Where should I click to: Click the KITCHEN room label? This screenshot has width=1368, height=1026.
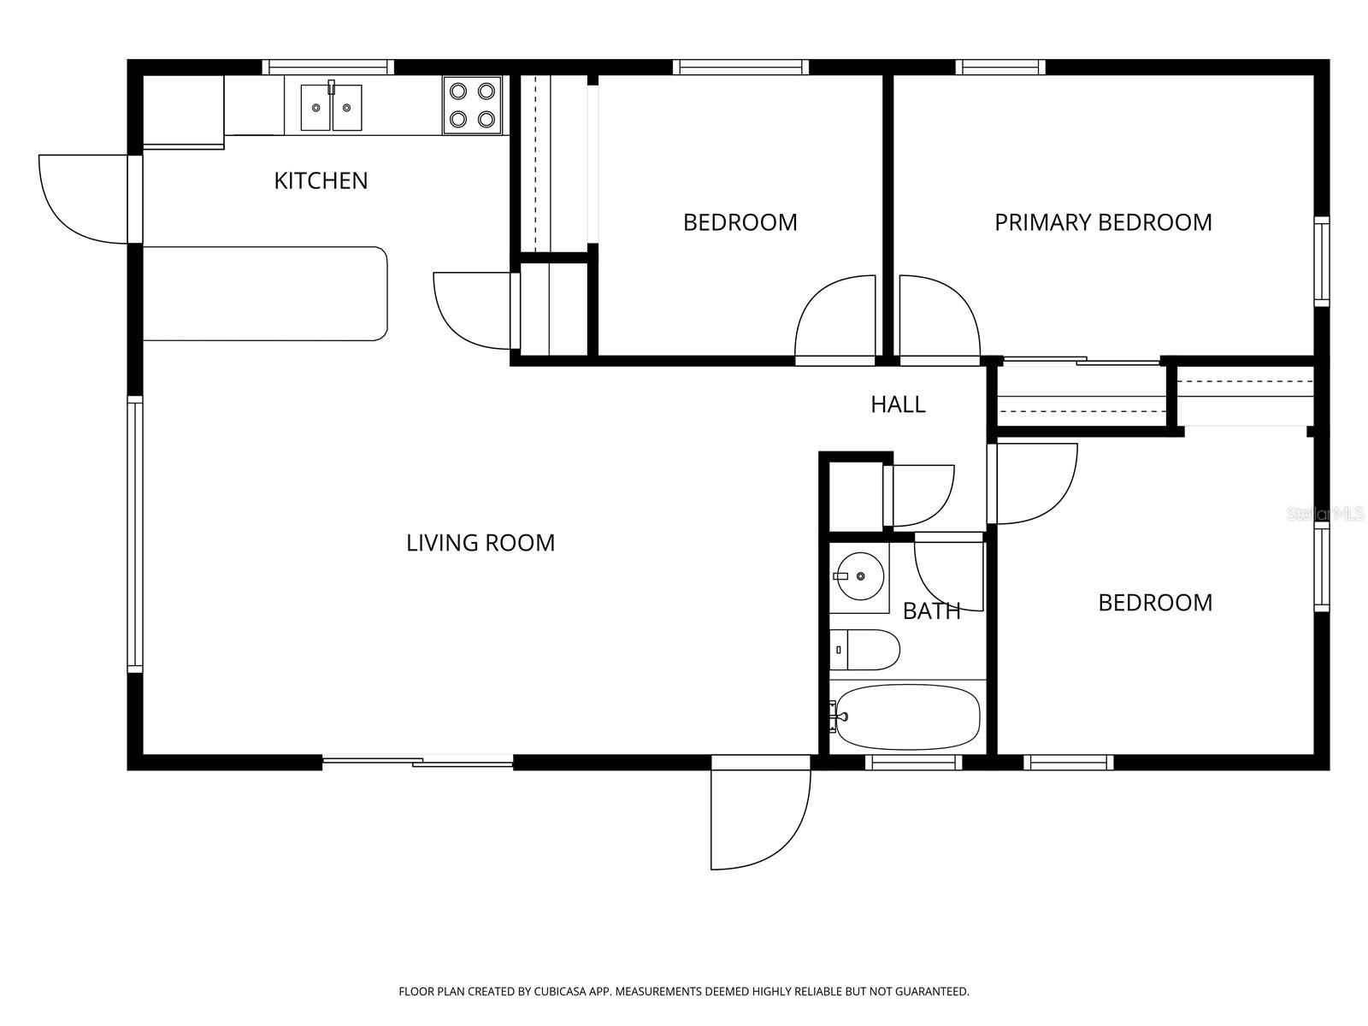[321, 180]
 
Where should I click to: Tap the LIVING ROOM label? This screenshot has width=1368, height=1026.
[480, 543]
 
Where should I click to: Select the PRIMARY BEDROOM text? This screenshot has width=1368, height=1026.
[1103, 222]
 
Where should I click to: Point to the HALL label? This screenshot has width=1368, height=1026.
[898, 404]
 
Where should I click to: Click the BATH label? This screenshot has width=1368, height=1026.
[932, 610]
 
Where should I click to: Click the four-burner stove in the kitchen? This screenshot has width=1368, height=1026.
[472, 105]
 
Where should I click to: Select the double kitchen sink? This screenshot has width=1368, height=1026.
[331, 107]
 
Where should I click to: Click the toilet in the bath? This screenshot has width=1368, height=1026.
[864, 650]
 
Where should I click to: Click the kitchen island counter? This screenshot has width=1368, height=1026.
[265, 293]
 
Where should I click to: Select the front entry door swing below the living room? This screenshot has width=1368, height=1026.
[757, 817]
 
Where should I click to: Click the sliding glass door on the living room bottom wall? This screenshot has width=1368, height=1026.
[417, 760]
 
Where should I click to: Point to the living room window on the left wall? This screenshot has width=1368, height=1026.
[134, 534]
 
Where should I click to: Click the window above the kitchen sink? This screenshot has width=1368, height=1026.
[327, 67]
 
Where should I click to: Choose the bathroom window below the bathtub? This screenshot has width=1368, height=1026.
[913, 762]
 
